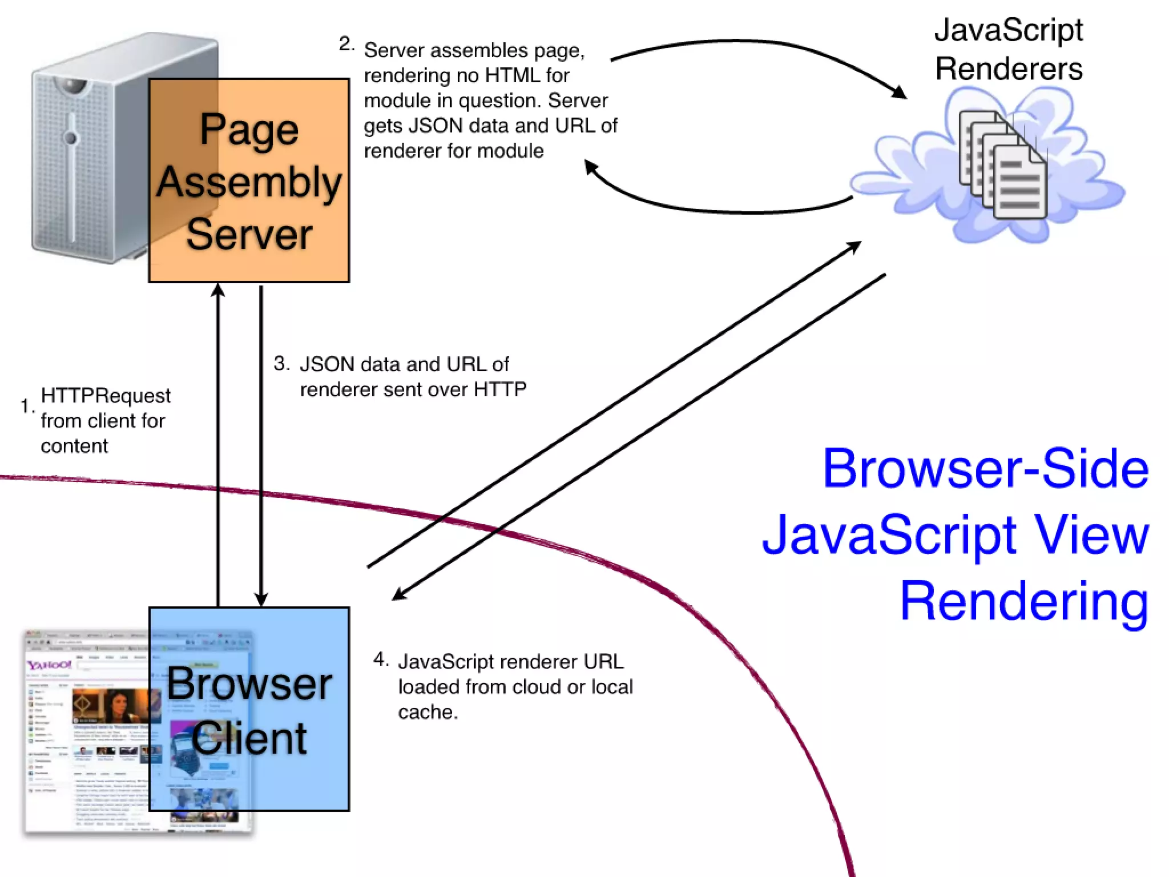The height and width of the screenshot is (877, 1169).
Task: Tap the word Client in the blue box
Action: point(249,738)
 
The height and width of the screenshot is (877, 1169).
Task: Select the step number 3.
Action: point(281,363)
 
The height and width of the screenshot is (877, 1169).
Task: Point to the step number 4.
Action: point(380,659)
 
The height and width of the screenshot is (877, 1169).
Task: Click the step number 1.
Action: point(26,406)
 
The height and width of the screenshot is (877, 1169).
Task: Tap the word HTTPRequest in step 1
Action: point(106,396)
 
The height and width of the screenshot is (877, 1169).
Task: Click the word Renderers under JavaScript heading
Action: point(1009,69)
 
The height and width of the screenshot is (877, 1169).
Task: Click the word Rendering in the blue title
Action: point(1023,601)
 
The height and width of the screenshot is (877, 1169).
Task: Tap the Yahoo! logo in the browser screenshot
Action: point(49,665)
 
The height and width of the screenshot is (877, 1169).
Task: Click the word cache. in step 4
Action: point(428,713)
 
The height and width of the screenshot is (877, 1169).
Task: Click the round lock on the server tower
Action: point(71,138)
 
